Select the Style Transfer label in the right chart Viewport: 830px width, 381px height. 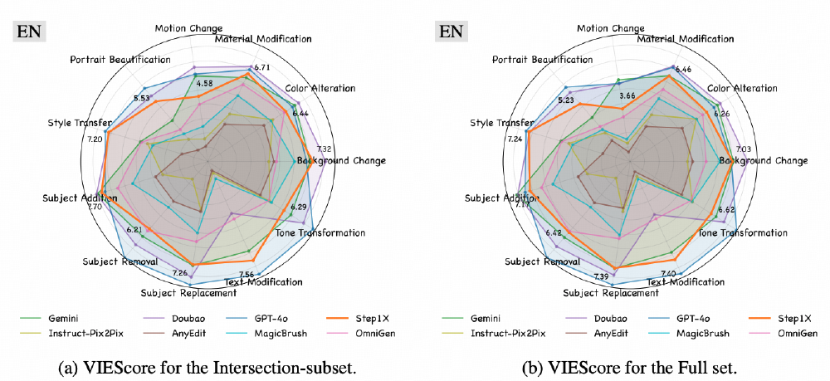pos(501,123)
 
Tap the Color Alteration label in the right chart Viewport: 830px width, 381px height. pos(742,88)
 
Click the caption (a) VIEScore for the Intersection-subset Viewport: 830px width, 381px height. pos(205,365)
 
